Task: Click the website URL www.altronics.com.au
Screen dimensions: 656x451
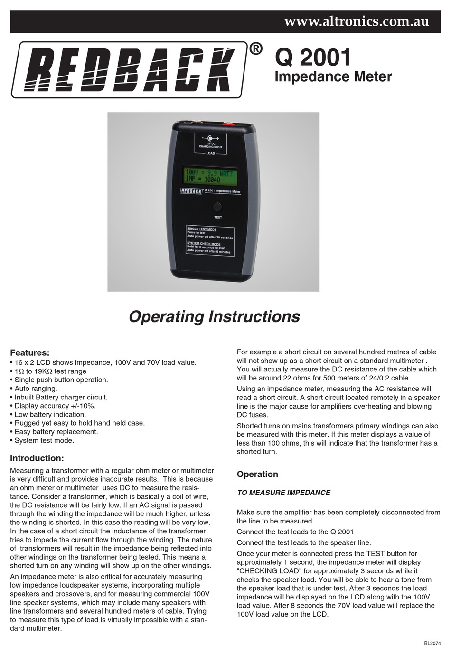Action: [356, 21]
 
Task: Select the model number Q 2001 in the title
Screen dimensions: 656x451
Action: [313, 57]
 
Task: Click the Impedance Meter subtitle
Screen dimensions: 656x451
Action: [333, 77]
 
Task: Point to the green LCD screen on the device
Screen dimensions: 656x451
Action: [210, 176]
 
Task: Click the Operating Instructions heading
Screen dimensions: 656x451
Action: [214, 316]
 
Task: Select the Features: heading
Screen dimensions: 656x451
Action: [29, 353]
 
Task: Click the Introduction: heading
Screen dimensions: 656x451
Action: [37, 458]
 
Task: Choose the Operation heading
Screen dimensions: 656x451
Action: [257, 474]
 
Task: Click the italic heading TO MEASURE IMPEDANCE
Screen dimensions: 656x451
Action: [283, 493]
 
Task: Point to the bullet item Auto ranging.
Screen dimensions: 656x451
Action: [36, 389]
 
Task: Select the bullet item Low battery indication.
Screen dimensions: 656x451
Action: [50, 414]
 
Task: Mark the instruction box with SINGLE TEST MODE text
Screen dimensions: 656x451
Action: [210, 240]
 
